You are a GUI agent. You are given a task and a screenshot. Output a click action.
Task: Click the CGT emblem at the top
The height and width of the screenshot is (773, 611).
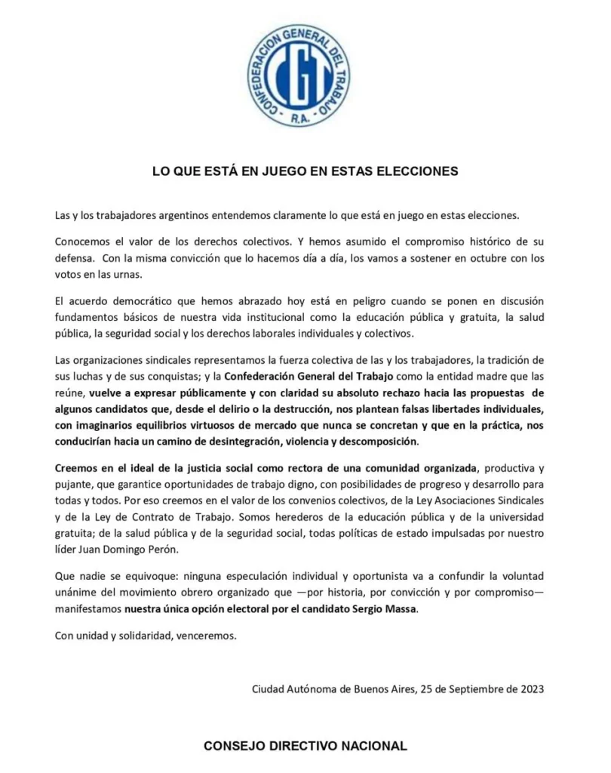pos(299,74)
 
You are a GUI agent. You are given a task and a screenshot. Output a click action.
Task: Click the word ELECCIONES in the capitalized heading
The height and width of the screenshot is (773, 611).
pos(414,171)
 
